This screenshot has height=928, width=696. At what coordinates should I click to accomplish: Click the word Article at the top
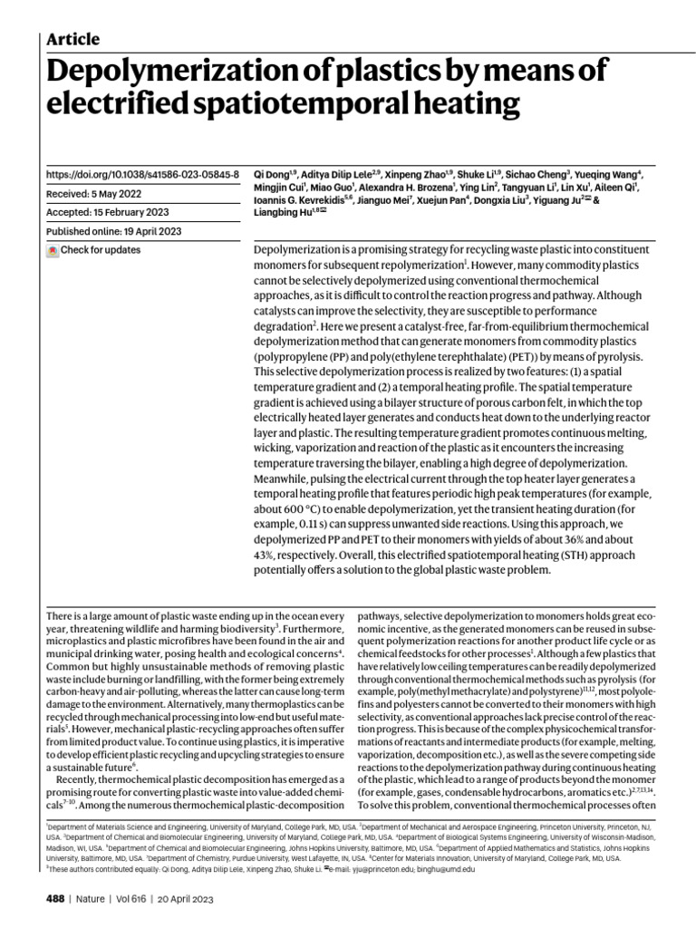click(72, 38)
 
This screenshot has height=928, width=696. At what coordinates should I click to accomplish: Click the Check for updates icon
click(53, 250)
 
